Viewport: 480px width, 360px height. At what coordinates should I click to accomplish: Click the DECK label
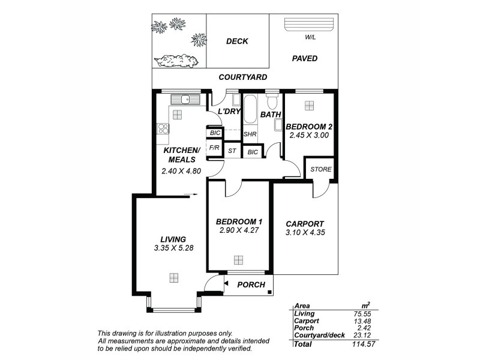(237, 41)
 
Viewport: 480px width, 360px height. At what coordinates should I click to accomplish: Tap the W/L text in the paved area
(310, 37)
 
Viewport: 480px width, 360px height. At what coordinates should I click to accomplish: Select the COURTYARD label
(242, 77)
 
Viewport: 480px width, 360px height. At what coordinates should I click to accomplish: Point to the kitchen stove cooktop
(162, 128)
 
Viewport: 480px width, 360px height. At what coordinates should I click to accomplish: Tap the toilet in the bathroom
(272, 99)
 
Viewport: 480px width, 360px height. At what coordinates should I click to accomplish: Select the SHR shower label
(250, 134)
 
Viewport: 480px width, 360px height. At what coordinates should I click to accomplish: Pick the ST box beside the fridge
(232, 151)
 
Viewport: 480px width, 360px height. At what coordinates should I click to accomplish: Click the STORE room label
(320, 169)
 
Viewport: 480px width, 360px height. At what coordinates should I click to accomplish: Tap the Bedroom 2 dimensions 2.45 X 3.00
(309, 136)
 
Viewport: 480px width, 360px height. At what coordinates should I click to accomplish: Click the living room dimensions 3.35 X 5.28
(173, 247)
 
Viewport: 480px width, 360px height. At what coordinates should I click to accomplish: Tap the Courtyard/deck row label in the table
(319, 335)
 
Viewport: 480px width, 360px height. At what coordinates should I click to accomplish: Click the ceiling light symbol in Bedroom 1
(239, 260)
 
